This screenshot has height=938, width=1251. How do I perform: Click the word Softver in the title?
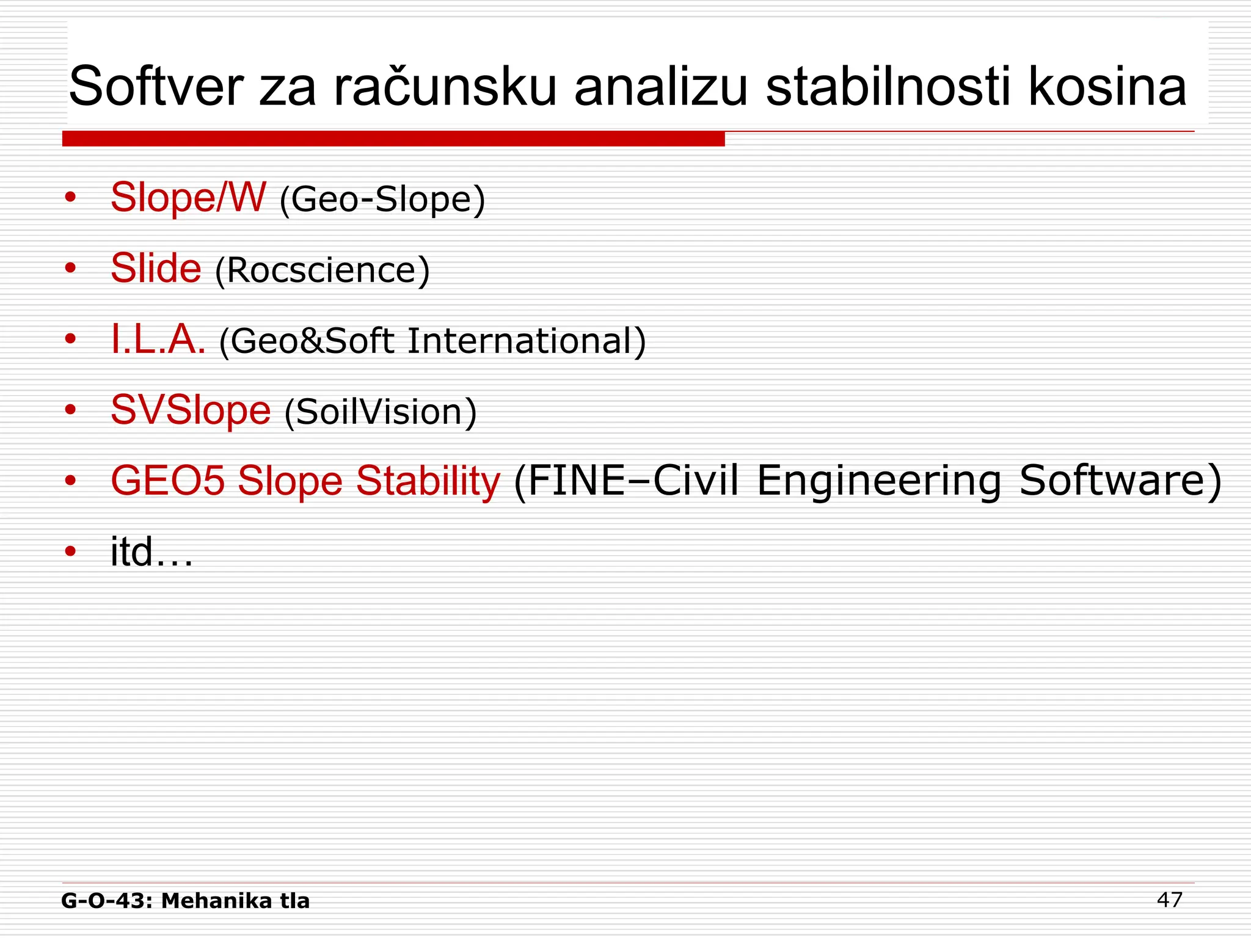(x=156, y=87)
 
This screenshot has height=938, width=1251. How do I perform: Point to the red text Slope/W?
(x=188, y=197)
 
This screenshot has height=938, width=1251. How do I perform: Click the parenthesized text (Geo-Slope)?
(x=382, y=200)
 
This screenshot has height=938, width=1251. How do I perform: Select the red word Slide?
(x=156, y=268)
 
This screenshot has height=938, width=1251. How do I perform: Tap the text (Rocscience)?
(x=322, y=271)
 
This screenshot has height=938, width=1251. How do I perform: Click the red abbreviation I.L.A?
(x=158, y=340)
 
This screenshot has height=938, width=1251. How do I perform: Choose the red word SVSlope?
(x=191, y=410)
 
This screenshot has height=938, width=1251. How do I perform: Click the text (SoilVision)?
(x=380, y=412)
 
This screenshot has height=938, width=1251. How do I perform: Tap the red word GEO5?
(x=168, y=481)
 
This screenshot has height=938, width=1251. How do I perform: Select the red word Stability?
(x=428, y=481)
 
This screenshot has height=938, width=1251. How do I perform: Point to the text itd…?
(x=151, y=551)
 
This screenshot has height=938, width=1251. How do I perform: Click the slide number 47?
(x=1169, y=900)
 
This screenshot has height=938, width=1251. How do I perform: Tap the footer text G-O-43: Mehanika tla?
(x=186, y=901)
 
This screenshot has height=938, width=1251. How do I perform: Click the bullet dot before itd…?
(x=71, y=551)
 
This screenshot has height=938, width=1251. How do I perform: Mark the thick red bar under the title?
(x=393, y=139)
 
